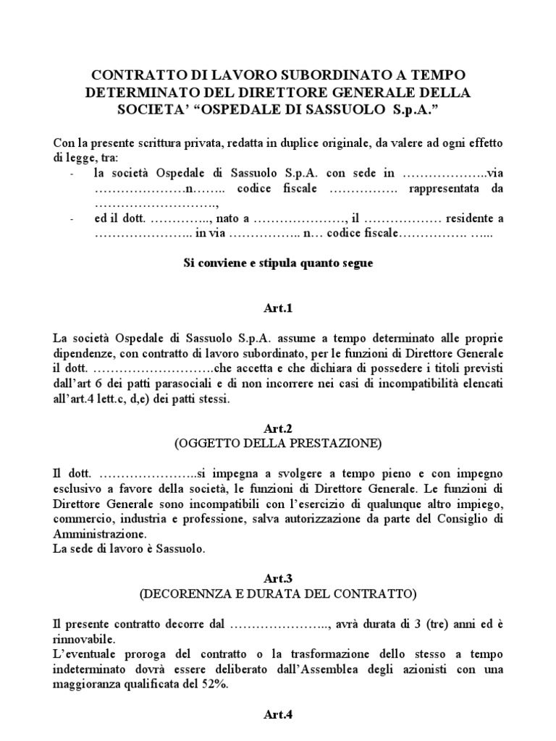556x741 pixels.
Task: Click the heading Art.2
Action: coord(278,429)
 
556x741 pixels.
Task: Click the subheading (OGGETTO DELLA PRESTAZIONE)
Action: coord(278,443)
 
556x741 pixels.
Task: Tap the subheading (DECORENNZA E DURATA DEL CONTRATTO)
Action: coord(278,595)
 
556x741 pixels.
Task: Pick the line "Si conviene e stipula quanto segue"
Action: coord(278,263)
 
